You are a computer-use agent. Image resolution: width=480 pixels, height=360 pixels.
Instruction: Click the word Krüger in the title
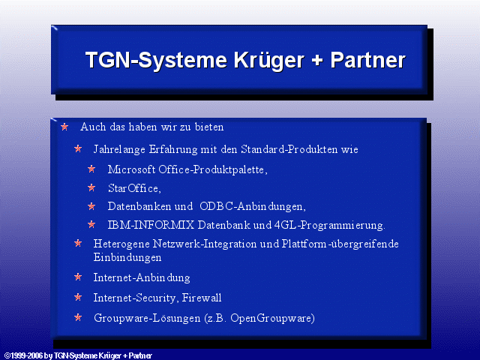coord(269,60)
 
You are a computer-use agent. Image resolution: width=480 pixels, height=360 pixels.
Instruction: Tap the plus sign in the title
coord(317,60)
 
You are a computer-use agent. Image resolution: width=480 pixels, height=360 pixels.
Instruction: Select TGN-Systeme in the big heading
coord(156,60)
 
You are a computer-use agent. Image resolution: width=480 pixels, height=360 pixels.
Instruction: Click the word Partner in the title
coord(368,60)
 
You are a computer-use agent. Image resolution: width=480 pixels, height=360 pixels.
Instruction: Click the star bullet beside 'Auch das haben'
coord(64,127)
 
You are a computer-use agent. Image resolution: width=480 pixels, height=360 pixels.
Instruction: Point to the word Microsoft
coord(132,169)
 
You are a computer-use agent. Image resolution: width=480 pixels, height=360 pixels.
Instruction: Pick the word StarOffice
coord(134,188)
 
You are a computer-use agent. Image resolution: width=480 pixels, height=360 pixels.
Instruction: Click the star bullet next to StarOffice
coord(91,187)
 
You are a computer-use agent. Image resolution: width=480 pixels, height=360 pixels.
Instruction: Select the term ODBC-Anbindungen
coord(253,207)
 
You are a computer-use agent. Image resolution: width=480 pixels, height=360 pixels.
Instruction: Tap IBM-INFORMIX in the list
coord(151,225)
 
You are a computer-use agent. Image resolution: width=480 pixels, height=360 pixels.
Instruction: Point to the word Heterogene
coord(121,244)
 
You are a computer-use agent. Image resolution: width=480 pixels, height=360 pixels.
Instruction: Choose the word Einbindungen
coord(127,257)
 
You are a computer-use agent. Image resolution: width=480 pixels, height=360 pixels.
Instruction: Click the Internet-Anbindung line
coord(142,278)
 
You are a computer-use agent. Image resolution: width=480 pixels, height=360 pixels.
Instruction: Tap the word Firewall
coord(202,298)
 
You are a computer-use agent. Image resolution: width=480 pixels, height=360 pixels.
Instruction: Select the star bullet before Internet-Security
coord(78,297)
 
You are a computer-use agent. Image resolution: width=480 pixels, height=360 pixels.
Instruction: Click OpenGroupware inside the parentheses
coord(271,318)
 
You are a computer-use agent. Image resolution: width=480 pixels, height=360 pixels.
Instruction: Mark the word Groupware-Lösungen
coord(147,318)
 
